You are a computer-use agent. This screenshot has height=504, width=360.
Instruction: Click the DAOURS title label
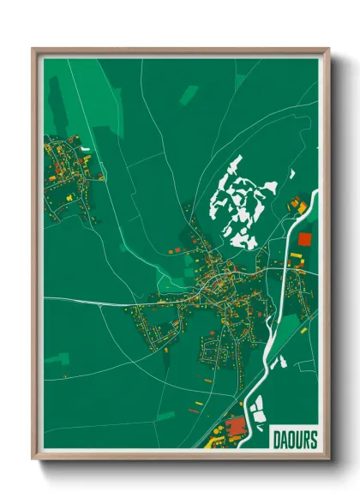point(293,438)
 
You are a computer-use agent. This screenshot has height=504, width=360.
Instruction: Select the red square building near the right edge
point(304,238)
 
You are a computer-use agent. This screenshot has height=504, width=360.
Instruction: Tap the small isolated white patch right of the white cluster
point(292,175)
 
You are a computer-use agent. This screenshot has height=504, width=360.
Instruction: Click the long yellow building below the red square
point(296,257)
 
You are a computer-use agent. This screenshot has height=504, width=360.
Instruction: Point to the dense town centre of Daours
point(214,287)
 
